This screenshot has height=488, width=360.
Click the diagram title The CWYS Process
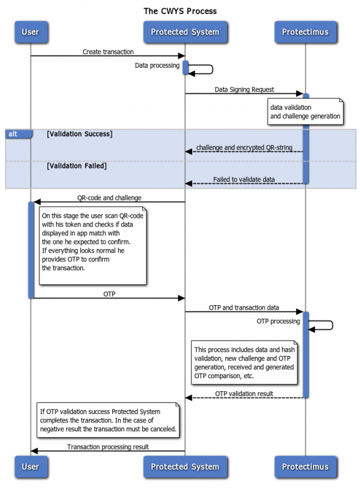[x=180, y=11]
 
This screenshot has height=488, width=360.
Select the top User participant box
[x=31, y=32]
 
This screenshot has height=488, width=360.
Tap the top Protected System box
[x=185, y=32]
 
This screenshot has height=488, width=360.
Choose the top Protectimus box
[x=305, y=32]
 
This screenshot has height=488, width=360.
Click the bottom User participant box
[x=31, y=467]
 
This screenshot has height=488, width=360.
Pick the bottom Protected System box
[x=185, y=467]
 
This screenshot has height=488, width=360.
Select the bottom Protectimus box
[x=305, y=467]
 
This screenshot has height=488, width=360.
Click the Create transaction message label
[x=108, y=52]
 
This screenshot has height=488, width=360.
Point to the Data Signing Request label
[x=244, y=90]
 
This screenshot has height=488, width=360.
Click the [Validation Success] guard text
[x=80, y=134]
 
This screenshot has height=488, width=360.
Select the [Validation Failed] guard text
[x=77, y=166]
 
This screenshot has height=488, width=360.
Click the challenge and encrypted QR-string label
[x=244, y=147]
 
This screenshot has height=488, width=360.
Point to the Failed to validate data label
[x=244, y=179]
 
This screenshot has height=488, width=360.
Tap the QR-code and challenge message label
[x=109, y=198]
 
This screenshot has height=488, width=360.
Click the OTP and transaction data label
[x=244, y=307]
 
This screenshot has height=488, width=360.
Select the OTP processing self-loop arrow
[x=322, y=325]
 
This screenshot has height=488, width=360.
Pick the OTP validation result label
[x=244, y=394]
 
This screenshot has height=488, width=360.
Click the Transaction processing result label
[x=108, y=447]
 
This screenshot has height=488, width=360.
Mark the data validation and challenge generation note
[x=305, y=112]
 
